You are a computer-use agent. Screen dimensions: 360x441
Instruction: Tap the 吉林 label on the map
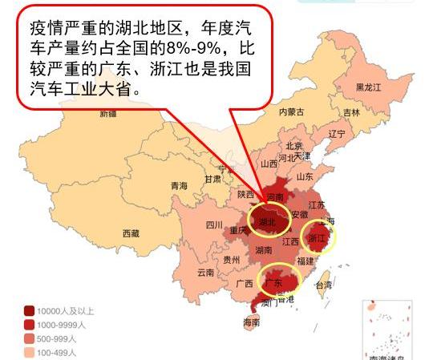pyautogui.click(x=351, y=112)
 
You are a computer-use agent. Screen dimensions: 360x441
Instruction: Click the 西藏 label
pyautogui.click(x=131, y=233)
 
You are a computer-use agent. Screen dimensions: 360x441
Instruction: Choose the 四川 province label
pyautogui.click(x=214, y=224)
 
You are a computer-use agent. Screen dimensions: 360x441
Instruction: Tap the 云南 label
pyautogui.click(x=206, y=272)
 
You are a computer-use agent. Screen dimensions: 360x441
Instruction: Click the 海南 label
pyautogui.click(x=251, y=323)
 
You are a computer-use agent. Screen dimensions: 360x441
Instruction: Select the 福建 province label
pyautogui.click(x=305, y=261)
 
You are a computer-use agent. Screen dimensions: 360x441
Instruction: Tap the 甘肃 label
pyautogui.click(x=212, y=179)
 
